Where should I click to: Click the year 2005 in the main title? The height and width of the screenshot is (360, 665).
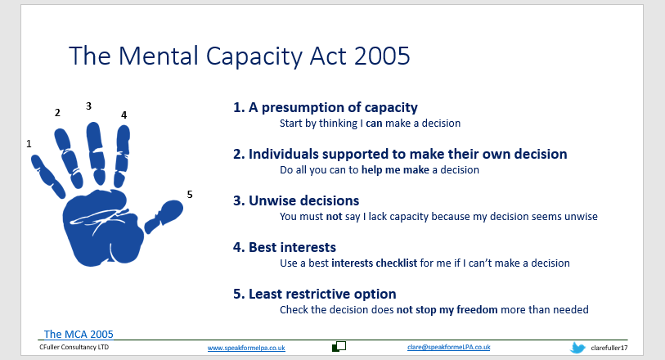click(x=382, y=56)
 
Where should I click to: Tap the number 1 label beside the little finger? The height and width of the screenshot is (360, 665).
click(x=29, y=144)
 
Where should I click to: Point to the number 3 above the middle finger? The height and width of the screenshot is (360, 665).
click(x=88, y=106)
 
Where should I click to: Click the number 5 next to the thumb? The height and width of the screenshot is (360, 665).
click(x=190, y=194)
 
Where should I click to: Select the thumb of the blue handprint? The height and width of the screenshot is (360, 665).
click(x=164, y=215)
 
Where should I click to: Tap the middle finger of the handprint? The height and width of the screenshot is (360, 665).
click(x=96, y=153)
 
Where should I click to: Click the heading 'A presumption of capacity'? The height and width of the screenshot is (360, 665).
click(x=326, y=107)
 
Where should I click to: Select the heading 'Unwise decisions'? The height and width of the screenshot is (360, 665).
click(x=296, y=200)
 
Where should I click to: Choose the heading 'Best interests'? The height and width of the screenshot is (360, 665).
click(x=285, y=247)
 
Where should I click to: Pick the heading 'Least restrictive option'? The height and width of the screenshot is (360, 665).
click(x=315, y=294)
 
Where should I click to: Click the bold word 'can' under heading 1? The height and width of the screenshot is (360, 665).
click(x=374, y=124)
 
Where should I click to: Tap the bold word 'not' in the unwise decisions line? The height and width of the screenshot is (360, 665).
click(x=334, y=217)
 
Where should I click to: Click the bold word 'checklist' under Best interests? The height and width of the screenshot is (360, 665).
click(x=397, y=263)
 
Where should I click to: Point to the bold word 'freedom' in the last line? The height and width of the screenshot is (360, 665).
click(x=477, y=309)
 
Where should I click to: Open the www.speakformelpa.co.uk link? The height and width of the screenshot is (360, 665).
click(x=246, y=348)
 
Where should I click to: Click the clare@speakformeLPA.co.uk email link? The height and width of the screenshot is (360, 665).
click(x=449, y=347)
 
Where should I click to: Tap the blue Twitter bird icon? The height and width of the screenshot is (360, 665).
click(x=577, y=348)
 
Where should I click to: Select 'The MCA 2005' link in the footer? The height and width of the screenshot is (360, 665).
click(x=79, y=334)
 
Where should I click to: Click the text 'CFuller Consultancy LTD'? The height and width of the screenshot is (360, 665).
click(x=74, y=347)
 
